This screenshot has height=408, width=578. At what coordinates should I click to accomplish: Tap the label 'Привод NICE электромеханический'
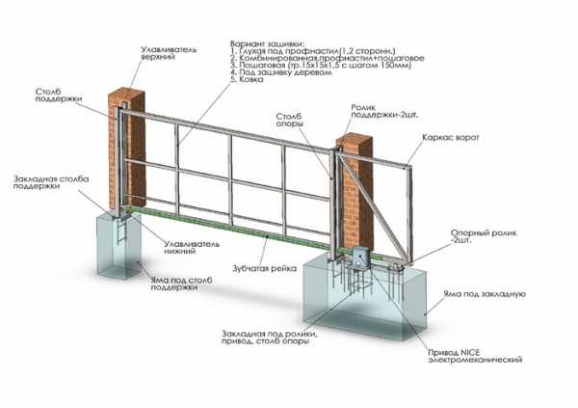(x=468, y=356)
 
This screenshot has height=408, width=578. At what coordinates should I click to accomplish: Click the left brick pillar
(x=131, y=145)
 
